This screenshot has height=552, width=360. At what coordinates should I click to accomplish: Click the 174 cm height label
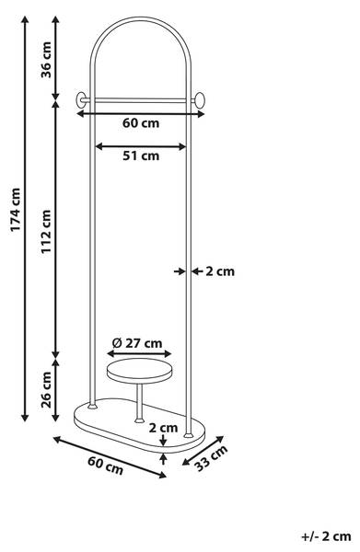pos(16,210)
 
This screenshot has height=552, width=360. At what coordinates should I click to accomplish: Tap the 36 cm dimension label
pos(46,60)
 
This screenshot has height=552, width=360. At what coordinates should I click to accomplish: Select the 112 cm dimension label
pos(46,231)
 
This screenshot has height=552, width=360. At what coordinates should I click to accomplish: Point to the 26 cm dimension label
pos(46,390)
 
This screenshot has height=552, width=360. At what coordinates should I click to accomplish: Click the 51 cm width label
pos(141,155)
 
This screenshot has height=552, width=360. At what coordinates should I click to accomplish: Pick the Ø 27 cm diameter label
pos(137,342)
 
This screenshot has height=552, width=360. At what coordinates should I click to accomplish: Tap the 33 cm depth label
pos(211,457)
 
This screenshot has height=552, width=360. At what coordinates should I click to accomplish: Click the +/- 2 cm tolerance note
pos(326,536)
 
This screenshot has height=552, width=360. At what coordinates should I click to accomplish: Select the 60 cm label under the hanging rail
pos(141,123)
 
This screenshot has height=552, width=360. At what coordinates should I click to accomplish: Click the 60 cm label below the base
pos(105,466)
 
